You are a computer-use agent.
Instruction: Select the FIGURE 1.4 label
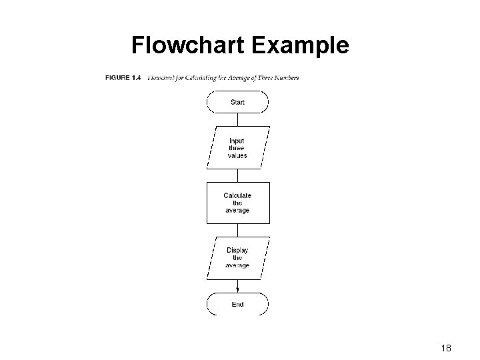tap(123, 77)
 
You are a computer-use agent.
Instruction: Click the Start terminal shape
tap(237, 102)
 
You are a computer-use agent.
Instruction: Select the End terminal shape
tap(237, 304)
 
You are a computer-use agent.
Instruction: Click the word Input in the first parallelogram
tap(237, 141)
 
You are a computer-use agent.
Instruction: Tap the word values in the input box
tap(237, 155)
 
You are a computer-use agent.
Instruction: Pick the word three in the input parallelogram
tap(237, 148)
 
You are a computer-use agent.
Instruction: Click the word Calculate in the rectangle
tap(237, 195)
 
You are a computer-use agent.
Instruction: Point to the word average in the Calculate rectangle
tap(237, 210)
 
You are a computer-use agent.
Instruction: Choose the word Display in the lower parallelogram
tap(237, 251)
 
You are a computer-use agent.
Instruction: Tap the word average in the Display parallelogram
tap(237, 265)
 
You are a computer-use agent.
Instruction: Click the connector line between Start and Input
tap(237, 119)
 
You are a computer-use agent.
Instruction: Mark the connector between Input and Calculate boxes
tap(237, 174)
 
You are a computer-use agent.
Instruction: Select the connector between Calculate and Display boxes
tap(237, 229)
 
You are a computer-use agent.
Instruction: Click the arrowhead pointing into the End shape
tap(237, 289)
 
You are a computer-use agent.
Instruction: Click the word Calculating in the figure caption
tap(203, 77)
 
